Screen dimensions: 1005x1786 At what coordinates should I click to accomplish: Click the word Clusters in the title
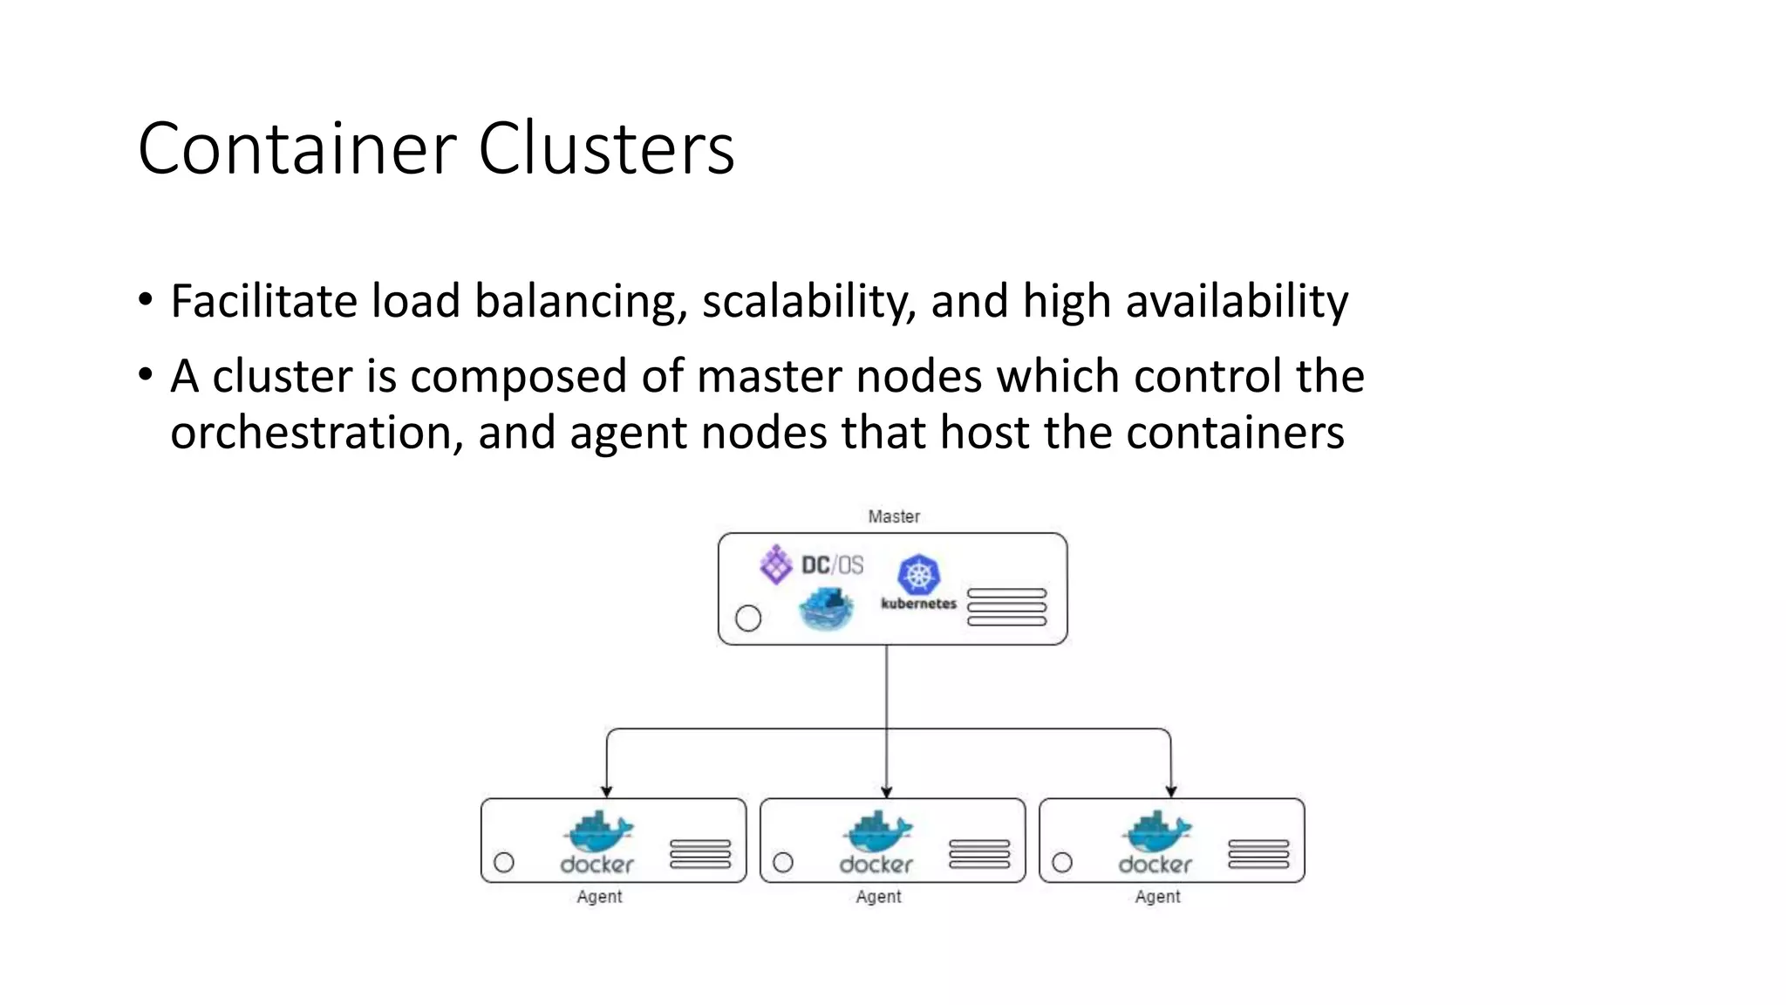606,148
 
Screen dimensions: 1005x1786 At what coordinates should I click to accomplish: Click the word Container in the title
297,148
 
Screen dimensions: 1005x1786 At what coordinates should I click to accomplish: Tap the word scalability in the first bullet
808,302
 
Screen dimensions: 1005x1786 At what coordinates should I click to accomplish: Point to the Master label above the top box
894,516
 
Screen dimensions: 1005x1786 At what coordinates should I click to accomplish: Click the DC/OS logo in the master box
811,564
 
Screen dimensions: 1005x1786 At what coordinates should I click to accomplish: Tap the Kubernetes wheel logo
918,575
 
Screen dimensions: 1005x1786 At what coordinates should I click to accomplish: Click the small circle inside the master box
748,619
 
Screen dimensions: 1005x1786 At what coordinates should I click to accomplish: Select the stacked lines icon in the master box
1006,607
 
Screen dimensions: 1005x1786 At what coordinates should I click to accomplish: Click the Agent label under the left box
599,897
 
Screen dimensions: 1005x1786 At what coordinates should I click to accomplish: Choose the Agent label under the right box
1157,897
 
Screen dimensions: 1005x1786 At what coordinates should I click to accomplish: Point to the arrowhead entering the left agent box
607,791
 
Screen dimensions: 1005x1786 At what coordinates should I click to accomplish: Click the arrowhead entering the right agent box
1171,791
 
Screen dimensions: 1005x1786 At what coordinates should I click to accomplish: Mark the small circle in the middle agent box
783,863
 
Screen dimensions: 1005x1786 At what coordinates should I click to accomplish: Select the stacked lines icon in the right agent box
1258,854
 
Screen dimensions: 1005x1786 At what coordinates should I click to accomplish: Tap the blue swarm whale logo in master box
826,609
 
